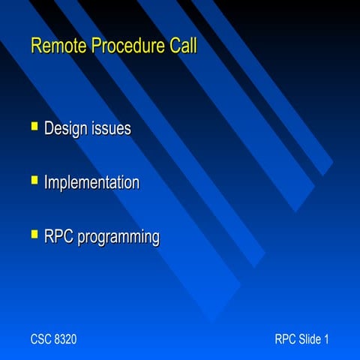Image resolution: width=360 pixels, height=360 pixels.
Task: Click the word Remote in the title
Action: pos(58,46)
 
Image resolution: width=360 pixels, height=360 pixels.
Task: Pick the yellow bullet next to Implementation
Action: pos(34,180)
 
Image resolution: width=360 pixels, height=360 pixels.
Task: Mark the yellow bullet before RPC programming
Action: pos(34,235)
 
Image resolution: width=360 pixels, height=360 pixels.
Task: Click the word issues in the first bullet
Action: pos(111,129)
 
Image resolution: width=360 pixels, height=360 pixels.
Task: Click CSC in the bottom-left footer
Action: pos(41,340)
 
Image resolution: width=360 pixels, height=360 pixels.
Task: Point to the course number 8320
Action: pos(66,340)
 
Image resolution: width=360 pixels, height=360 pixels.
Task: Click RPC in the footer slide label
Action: pos(286,340)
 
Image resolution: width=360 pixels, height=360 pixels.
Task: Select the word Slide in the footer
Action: pos(310,340)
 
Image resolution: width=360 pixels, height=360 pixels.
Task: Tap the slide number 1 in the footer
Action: pos(326,340)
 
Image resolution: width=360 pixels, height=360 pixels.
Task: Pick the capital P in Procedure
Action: pos(96,46)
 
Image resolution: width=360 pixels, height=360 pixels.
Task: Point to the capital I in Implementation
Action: pos(46,183)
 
